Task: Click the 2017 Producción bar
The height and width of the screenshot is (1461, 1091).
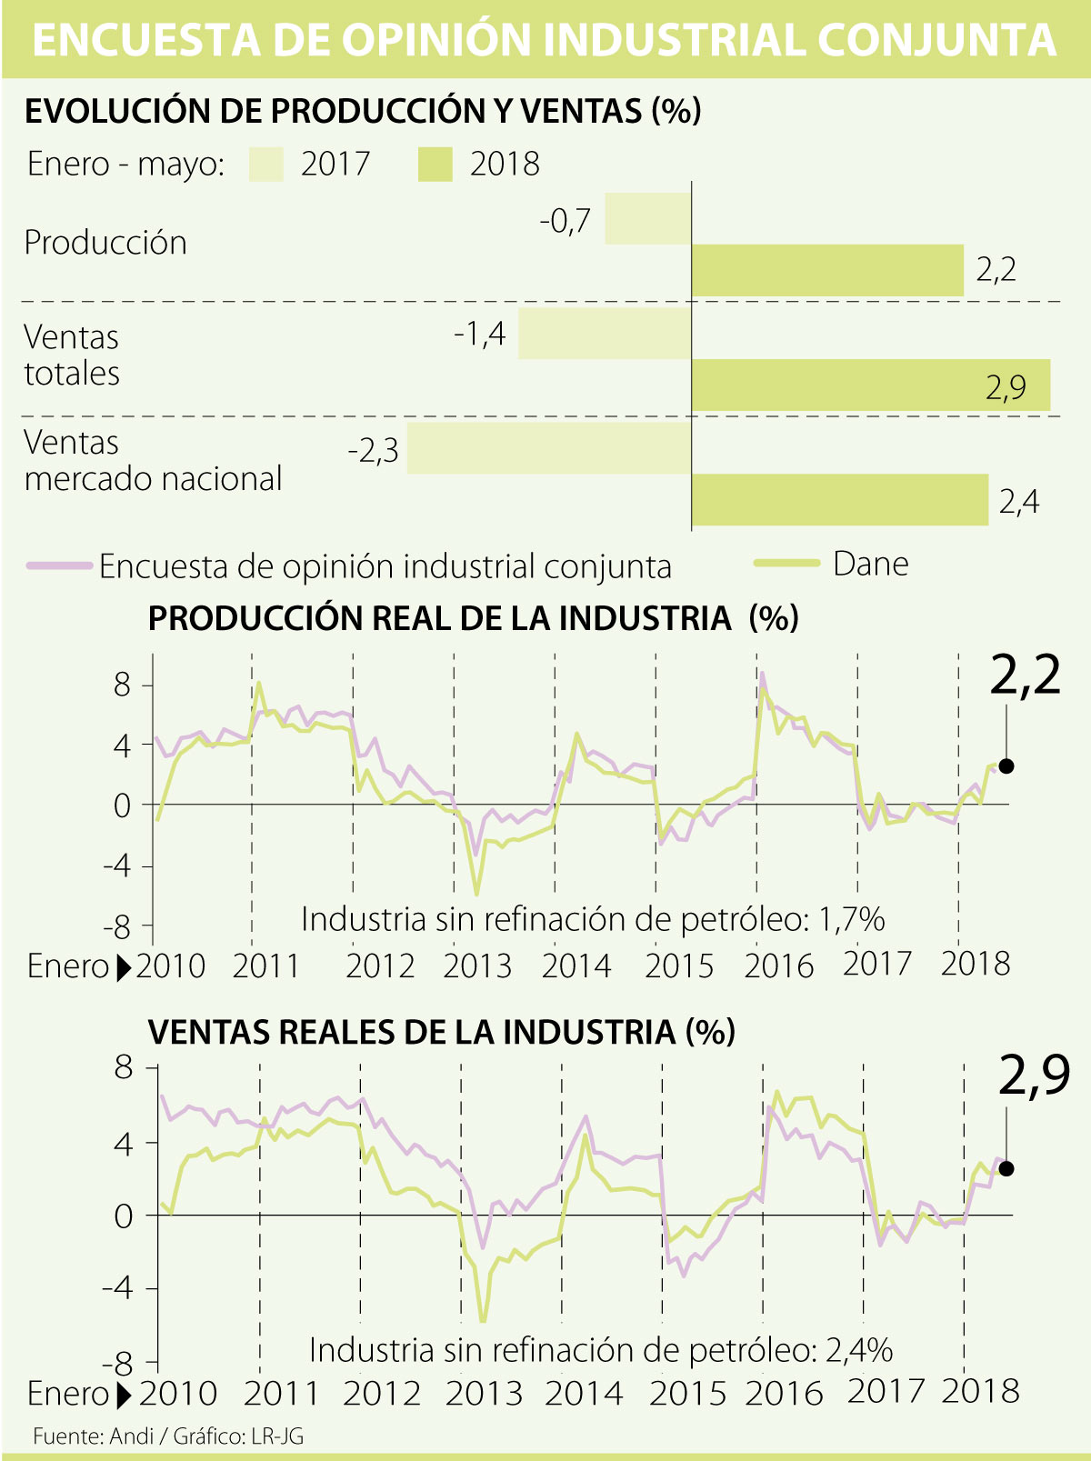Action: (647, 218)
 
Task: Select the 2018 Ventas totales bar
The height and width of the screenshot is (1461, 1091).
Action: (870, 385)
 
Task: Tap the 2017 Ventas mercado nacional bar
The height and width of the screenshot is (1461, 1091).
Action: (548, 448)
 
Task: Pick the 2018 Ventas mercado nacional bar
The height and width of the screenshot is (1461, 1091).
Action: (839, 500)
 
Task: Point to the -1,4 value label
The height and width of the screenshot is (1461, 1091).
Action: (479, 335)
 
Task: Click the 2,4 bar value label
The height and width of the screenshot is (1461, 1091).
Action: (1018, 501)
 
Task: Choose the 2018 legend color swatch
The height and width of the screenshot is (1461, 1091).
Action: (435, 165)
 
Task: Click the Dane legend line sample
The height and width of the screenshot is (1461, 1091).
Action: (786, 564)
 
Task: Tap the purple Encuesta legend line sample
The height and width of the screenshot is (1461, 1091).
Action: (60, 565)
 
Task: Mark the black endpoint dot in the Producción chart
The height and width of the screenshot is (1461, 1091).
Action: (1006, 766)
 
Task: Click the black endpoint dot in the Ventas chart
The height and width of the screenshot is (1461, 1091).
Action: (1006, 1168)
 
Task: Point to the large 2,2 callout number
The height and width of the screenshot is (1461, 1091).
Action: (1025, 676)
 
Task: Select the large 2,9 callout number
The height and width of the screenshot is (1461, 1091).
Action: (1034, 1076)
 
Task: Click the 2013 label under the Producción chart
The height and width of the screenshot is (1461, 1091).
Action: (478, 966)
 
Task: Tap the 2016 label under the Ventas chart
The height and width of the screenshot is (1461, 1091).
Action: (784, 1393)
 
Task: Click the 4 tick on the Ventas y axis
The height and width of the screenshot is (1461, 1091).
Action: (123, 1143)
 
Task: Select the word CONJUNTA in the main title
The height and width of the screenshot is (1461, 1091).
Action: (936, 41)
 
